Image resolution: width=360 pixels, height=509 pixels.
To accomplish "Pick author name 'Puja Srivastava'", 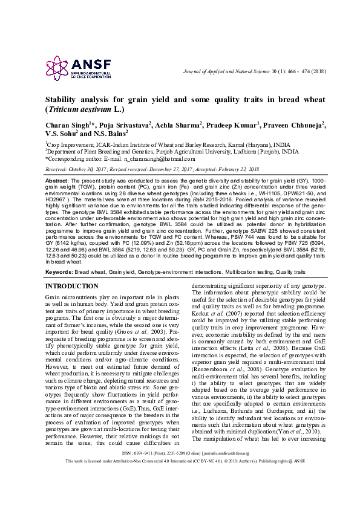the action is point(125,125).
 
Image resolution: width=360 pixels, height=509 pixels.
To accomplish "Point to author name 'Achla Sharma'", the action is point(178,125).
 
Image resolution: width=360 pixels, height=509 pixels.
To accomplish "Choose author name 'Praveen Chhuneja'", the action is point(295,125).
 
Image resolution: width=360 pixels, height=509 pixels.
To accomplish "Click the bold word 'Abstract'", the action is point(56,181).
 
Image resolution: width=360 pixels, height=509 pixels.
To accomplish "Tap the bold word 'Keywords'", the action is point(58,272).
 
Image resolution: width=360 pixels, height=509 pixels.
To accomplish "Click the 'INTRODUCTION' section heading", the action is point(71,285).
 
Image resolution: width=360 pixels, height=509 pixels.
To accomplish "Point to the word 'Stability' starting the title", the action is point(65,100).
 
